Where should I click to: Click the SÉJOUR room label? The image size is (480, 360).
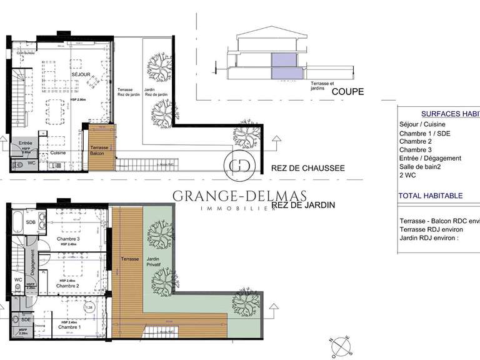pos(81,75)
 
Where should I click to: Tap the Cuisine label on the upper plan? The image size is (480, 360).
pos(59,152)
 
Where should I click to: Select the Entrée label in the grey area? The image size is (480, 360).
pos(25,143)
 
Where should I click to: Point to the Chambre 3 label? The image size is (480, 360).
pos(68,239)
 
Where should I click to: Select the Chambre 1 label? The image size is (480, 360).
pos(68,327)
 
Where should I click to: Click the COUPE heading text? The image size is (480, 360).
pos(347,92)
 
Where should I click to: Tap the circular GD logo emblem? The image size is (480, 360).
pos(239,165)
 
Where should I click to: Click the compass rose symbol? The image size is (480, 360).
pos(341,346)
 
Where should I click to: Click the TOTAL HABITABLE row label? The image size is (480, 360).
pos(431,196)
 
